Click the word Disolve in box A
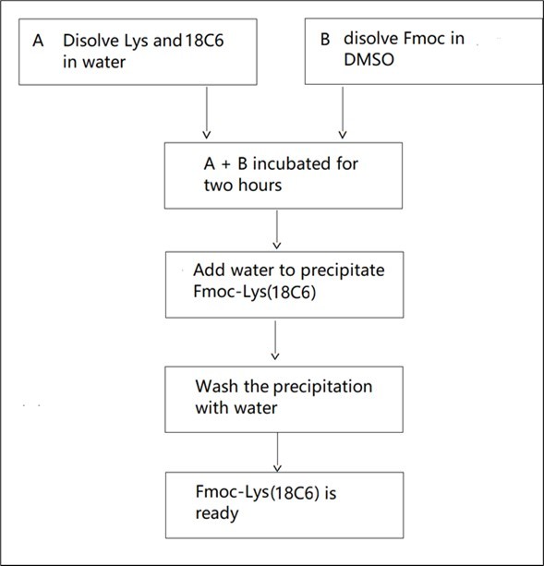(x=89, y=42)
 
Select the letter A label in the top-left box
(x=37, y=42)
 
